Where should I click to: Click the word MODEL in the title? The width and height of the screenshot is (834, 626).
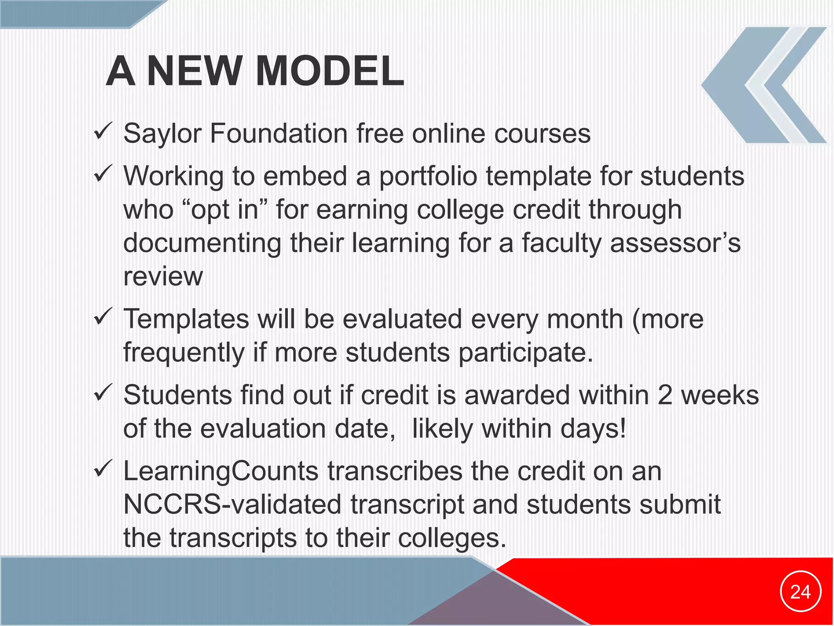[x=330, y=71]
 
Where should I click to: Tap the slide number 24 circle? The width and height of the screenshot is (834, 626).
[x=800, y=591]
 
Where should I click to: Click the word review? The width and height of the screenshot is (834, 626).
[x=163, y=277]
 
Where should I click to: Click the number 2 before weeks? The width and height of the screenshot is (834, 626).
[x=665, y=395]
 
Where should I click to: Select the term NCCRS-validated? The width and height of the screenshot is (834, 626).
[x=232, y=505]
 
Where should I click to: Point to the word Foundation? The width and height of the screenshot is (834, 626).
[x=279, y=134]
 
